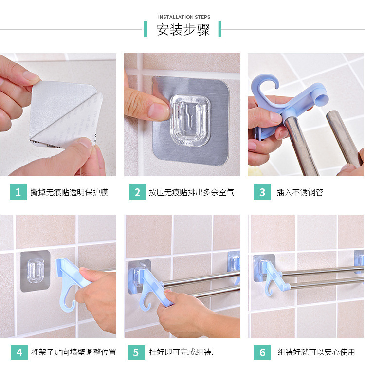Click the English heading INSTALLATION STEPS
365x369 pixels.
coord(183,17)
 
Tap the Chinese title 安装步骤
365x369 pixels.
coord(183,30)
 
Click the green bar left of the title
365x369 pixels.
coord(146,29)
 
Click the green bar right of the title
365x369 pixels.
coord(219,29)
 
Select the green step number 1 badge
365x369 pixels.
coord(18,192)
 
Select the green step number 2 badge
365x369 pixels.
coord(137,192)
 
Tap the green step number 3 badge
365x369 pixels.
coord(262,192)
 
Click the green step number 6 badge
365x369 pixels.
coord(262,352)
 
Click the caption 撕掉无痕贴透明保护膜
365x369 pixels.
coord(69,192)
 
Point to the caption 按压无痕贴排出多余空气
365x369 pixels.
coord(191,192)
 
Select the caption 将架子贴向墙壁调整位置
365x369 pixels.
coord(73,352)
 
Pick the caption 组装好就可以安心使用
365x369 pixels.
coord(316,352)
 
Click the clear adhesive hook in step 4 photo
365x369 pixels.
coord(35,269)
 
